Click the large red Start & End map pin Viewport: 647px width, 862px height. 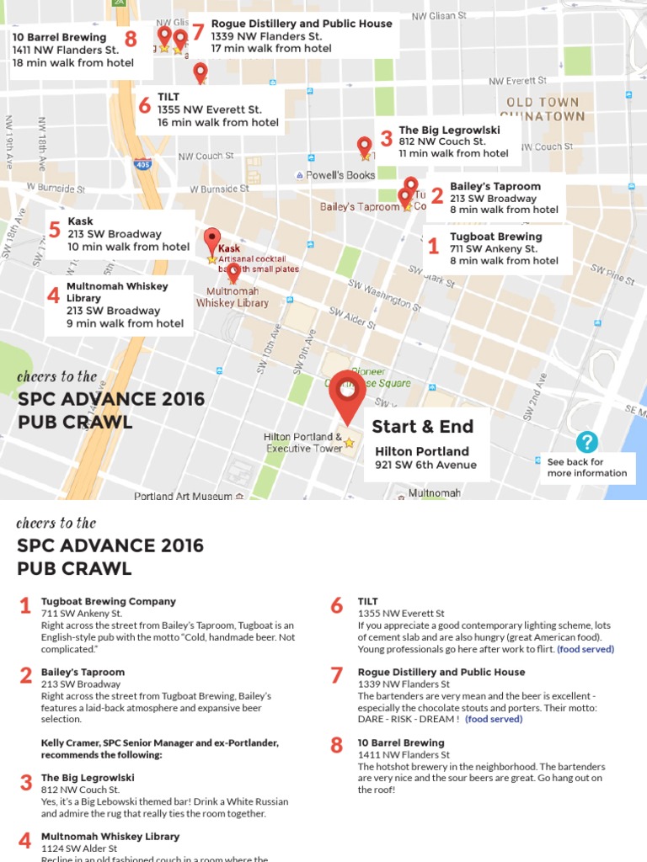(x=347, y=392)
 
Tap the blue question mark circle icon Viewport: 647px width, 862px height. (x=587, y=442)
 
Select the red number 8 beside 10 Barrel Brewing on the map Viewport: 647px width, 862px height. (x=131, y=39)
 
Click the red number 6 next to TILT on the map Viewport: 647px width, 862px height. (x=144, y=105)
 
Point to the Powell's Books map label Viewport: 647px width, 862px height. (x=335, y=175)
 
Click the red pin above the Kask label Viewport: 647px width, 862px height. (x=212, y=238)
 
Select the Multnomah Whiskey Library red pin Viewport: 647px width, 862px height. (x=233, y=273)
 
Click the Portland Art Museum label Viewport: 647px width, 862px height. (x=183, y=497)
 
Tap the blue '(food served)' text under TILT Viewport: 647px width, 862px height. (x=586, y=649)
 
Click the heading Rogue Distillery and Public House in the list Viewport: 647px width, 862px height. (x=441, y=672)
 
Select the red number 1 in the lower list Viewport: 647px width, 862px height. (x=24, y=606)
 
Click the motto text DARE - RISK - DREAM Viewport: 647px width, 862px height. (x=408, y=720)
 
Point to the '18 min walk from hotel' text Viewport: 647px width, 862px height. (x=72, y=63)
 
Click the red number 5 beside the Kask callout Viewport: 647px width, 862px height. (x=55, y=230)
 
